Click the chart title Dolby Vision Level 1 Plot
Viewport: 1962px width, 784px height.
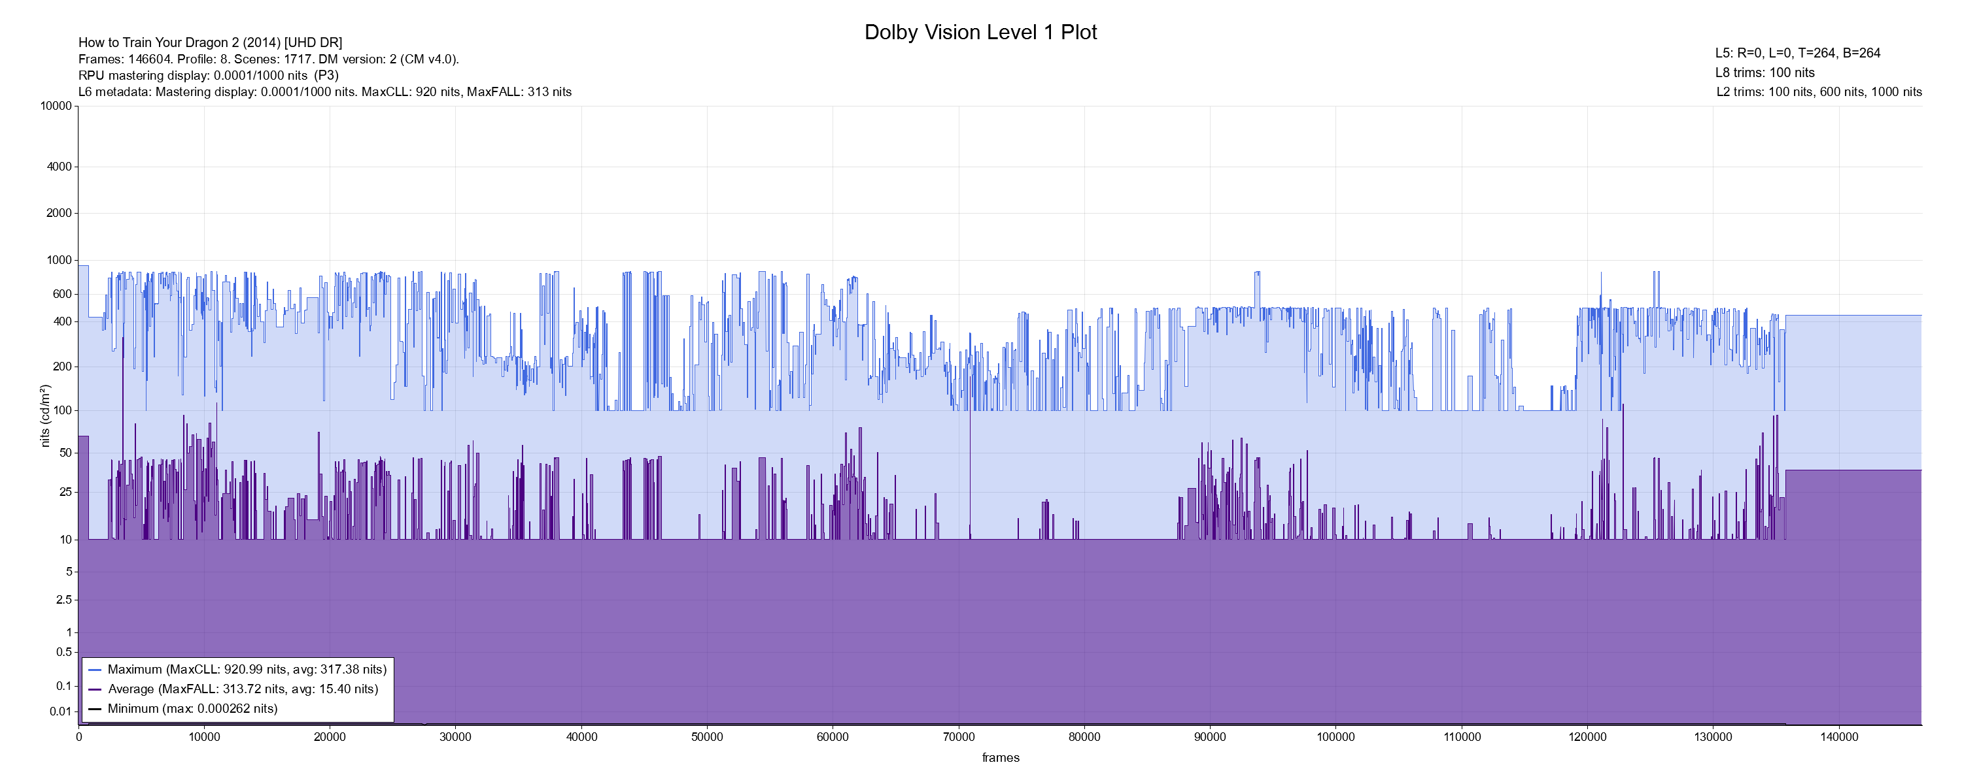(980, 32)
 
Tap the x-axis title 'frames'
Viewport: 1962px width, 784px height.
(1000, 757)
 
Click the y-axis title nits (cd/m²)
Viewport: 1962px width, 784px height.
(45, 416)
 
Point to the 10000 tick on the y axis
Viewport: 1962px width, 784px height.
(56, 106)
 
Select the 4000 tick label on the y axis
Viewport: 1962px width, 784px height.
(59, 167)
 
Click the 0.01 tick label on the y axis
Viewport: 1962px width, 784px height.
(60, 711)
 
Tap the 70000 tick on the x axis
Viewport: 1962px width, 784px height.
(958, 737)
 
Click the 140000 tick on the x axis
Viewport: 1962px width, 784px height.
(1838, 737)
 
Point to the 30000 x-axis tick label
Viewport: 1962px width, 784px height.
(455, 737)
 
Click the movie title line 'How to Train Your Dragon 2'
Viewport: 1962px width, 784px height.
(210, 42)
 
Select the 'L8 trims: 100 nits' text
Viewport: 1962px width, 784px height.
(1764, 73)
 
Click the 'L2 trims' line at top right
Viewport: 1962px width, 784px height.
(1819, 92)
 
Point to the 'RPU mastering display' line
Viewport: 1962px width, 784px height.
(208, 75)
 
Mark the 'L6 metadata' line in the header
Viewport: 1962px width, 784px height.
(324, 92)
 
